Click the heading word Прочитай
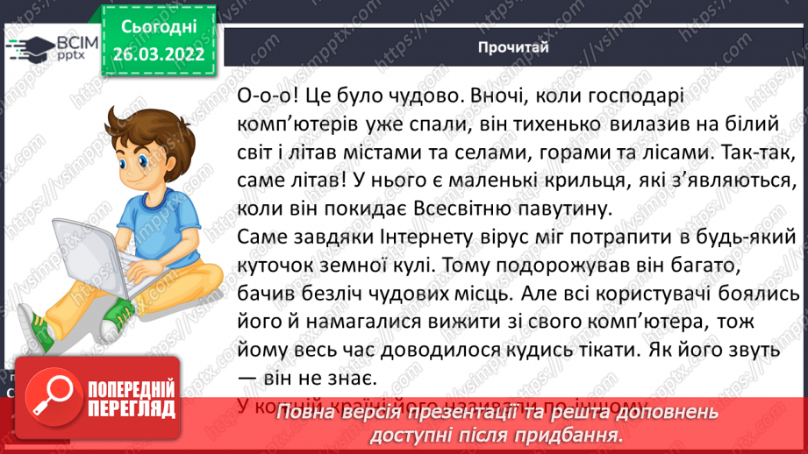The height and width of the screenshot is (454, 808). click(x=514, y=47)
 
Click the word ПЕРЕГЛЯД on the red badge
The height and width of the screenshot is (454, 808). click(x=130, y=406)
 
